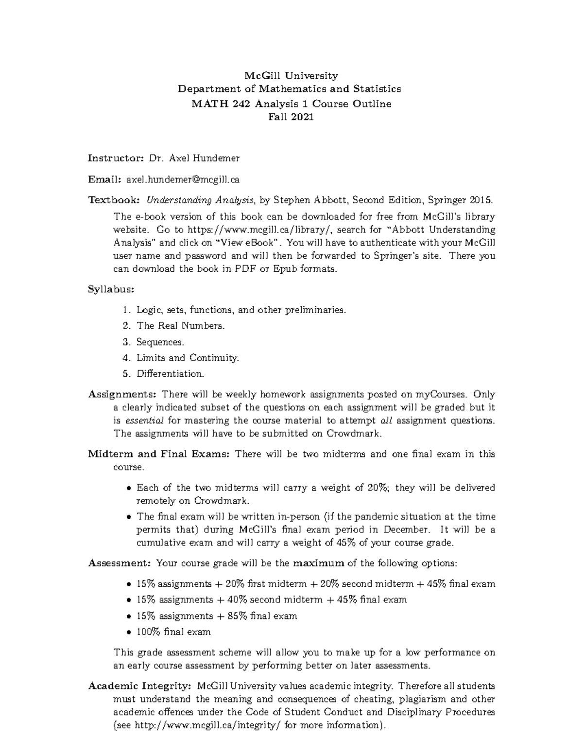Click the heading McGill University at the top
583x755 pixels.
[291, 75]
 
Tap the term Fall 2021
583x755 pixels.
[291, 117]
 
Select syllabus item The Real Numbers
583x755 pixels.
[180, 326]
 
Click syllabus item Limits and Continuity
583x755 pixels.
[188, 358]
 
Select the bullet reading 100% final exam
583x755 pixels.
[173, 632]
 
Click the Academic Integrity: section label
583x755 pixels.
[139, 686]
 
